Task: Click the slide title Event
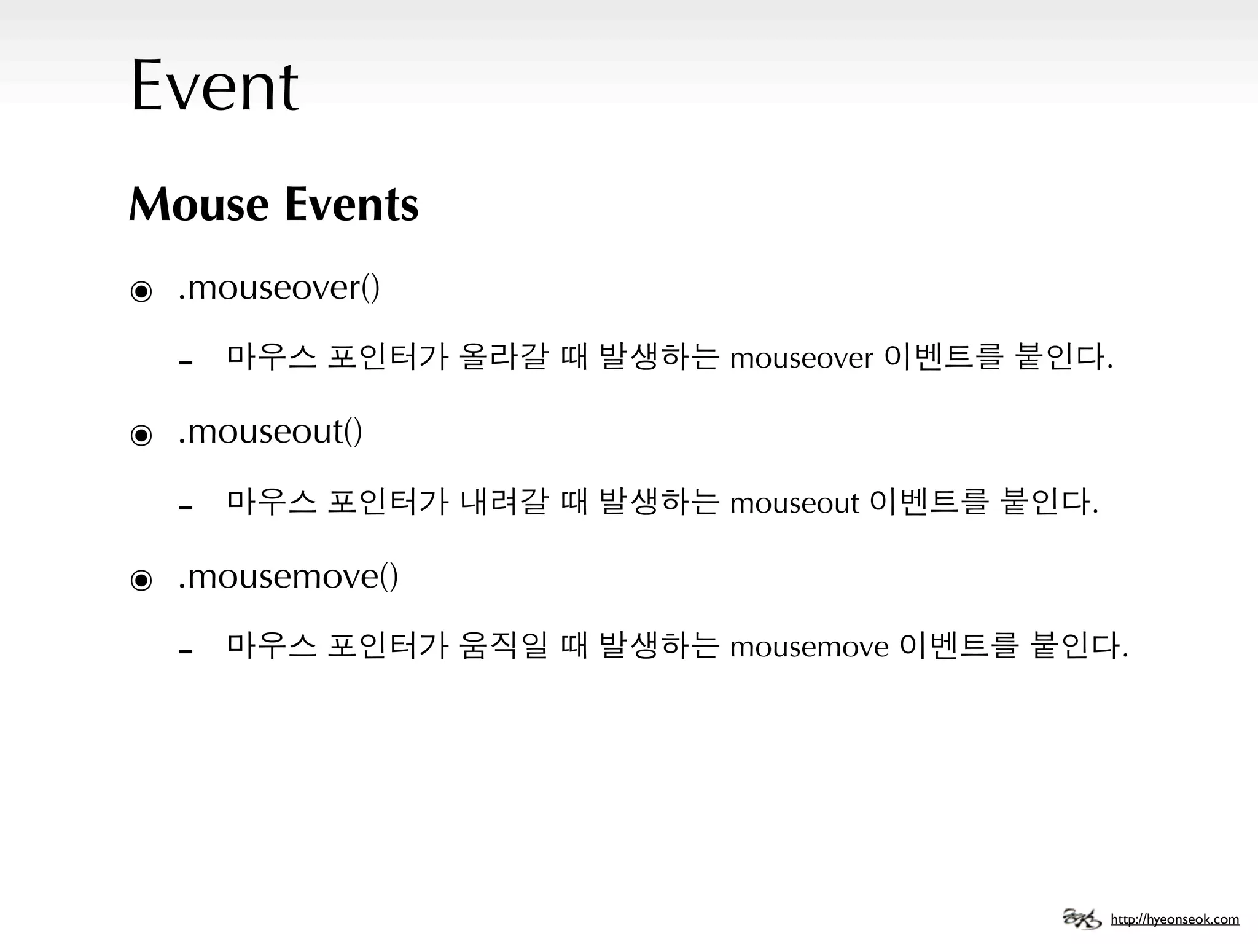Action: pyautogui.click(x=214, y=86)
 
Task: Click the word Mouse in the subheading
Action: pyautogui.click(x=199, y=204)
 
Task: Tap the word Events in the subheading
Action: pyautogui.click(x=351, y=204)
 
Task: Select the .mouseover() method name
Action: pyautogui.click(x=279, y=288)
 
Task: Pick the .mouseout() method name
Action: pyautogui.click(x=270, y=431)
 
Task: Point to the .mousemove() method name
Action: pyautogui.click(x=288, y=576)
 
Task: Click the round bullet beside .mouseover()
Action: pyautogui.click(x=141, y=291)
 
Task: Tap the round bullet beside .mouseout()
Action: pyautogui.click(x=141, y=436)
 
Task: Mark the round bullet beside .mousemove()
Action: pyautogui.click(x=141, y=580)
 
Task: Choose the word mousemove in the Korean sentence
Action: pyautogui.click(x=809, y=647)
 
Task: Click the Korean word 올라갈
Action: pyautogui.click(x=502, y=357)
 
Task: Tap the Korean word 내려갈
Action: pyautogui.click(x=502, y=502)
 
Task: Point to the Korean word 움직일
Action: pyautogui.click(x=502, y=646)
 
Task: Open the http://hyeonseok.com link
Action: pyautogui.click(x=1174, y=919)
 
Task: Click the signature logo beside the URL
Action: pyautogui.click(x=1082, y=918)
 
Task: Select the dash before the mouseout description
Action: pyautogui.click(x=186, y=507)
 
